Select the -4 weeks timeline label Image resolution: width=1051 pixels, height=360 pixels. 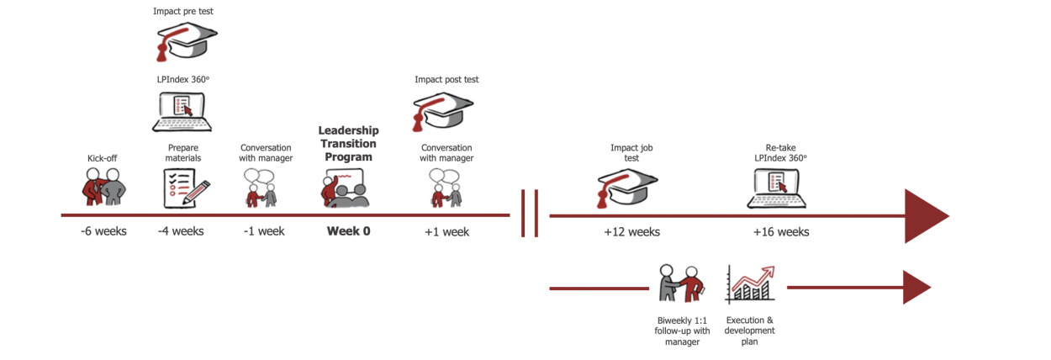[x=181, y=230]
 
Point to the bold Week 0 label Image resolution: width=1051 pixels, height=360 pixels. [x=348, y=230]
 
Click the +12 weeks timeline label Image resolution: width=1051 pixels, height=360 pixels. [x=631, y=231]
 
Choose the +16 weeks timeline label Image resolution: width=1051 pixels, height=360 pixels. [x=781, y=231]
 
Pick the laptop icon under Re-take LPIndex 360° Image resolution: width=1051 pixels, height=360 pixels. [x=778, y=188]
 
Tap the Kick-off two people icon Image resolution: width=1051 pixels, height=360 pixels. [x=104, y=187]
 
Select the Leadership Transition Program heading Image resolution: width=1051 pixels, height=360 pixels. [x=348, y=143]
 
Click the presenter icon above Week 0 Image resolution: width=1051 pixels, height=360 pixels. [x=345, y=188]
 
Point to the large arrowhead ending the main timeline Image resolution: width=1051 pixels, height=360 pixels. [x=925, y=216]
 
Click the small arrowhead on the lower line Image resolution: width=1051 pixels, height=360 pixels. [x=916, y=288]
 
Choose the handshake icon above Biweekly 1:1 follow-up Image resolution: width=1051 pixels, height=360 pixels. [x=679, y=283]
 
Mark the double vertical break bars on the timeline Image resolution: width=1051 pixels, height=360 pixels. [x=530, y=214]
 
